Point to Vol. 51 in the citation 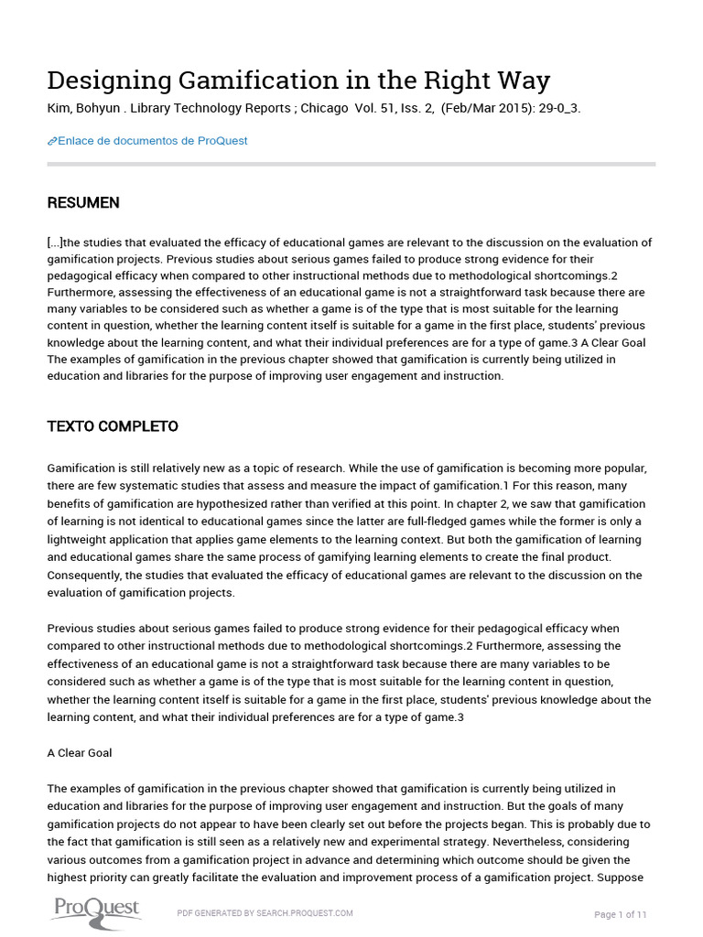(374, 109)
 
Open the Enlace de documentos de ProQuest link (152, 141)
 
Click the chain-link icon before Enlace (52, 141)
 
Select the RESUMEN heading (83, 203)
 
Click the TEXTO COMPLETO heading (113, 426)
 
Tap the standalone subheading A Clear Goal (80, 753)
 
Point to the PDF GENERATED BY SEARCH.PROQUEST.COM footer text (265, 912)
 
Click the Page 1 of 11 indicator (621, 914)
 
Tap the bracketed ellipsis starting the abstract (55, 242)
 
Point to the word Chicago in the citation (326, 109)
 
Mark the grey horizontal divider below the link (351, 165)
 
